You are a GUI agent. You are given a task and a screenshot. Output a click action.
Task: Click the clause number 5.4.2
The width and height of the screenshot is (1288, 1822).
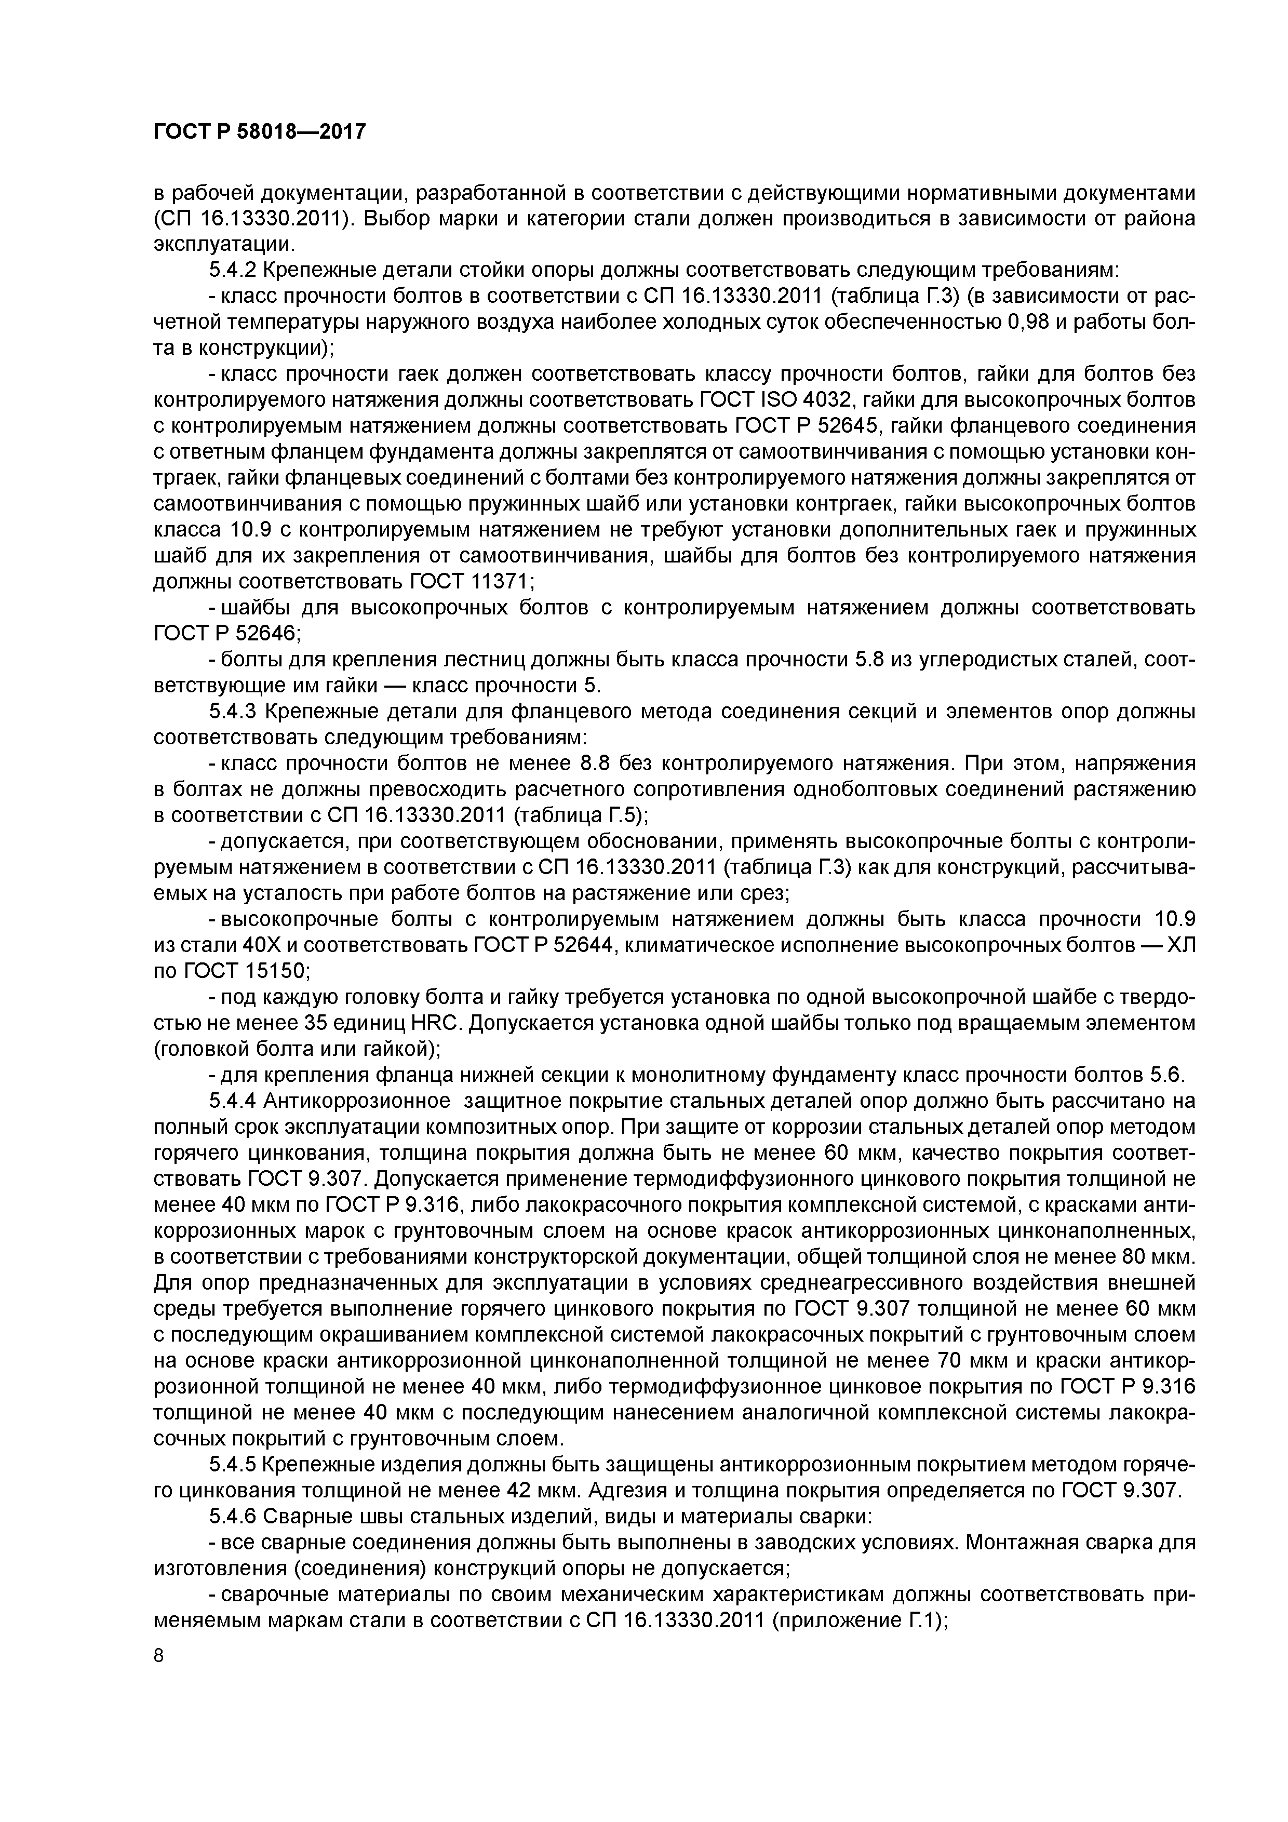tap(233, 271)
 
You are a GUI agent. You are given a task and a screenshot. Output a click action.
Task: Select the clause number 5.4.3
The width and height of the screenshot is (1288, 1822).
tap(233, 712)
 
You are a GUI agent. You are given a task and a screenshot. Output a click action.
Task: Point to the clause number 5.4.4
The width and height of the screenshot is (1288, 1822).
tap(233, 1101)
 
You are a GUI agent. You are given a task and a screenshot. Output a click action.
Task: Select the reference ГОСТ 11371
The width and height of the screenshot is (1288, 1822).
tap(469, 582)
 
